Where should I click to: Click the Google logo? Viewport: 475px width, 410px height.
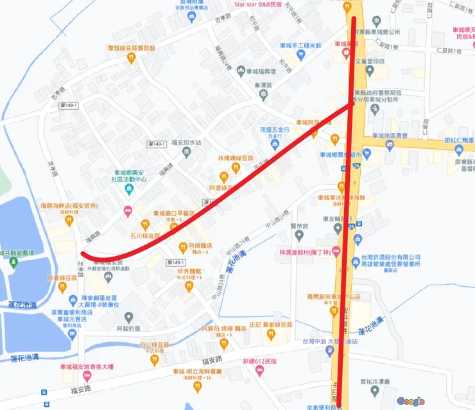[410, 401]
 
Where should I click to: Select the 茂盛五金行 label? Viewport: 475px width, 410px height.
[275, 129]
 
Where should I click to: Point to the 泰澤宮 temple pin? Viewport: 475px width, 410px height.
[263, 95]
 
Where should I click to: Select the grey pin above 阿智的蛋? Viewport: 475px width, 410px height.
[129, 317]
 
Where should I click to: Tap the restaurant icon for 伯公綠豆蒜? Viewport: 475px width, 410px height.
[155, 360]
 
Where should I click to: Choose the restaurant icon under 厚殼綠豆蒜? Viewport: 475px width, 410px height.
[132, 58]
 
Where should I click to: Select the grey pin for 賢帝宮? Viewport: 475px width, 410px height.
[295, 235]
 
